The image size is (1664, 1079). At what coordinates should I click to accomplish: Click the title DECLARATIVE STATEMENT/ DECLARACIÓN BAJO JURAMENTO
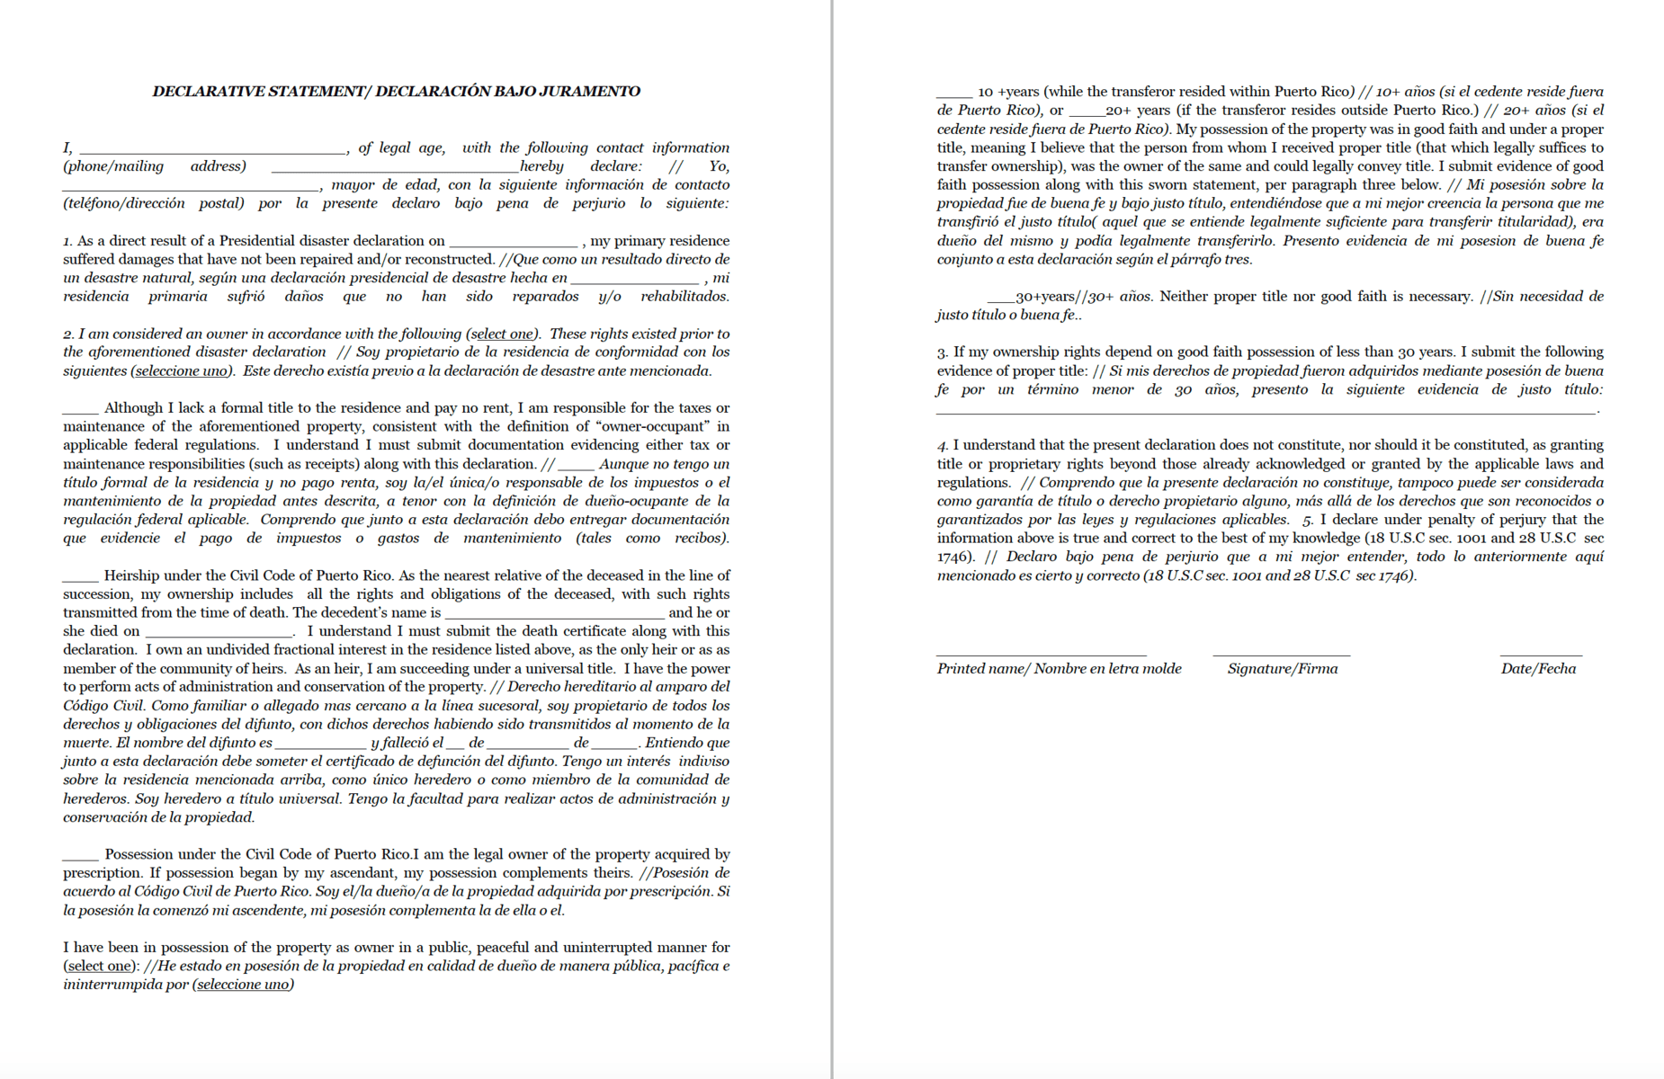click(396, 91)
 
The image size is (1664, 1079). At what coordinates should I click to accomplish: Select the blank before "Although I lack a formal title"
click(80, 412)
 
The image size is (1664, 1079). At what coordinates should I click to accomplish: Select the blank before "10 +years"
click(954, 95)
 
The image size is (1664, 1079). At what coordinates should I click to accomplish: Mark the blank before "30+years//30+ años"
click(1001, 300)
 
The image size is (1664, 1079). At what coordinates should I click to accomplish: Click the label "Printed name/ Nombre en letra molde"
click(1059, 668)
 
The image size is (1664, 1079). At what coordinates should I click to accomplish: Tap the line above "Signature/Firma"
click(1281, 655)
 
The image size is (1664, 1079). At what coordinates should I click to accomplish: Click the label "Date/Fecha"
click(1538, 668)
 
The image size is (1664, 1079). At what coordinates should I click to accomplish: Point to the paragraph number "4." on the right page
click(943, 445)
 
